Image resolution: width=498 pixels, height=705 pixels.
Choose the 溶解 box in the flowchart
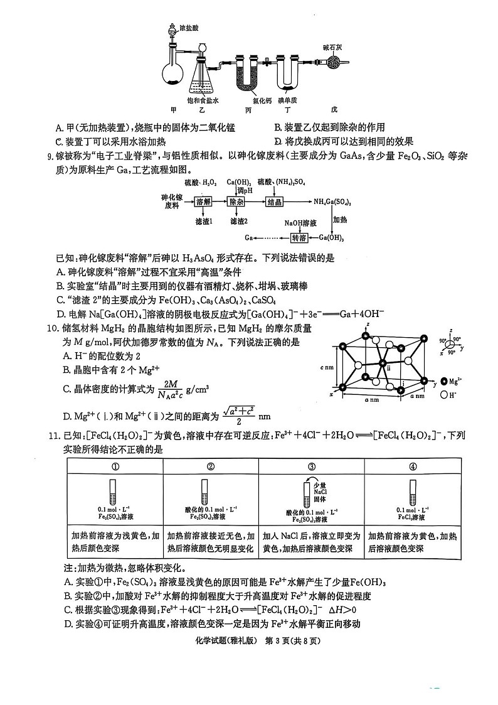click(x=204, y=202)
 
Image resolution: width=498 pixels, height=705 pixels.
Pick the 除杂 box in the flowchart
click(x=236, y=202)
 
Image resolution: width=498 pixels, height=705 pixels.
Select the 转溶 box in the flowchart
click(x=299, y=238)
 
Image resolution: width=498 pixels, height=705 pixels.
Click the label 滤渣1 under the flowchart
click(x=204, y=221)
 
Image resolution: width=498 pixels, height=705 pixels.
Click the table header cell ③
click(x=312, y=466)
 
